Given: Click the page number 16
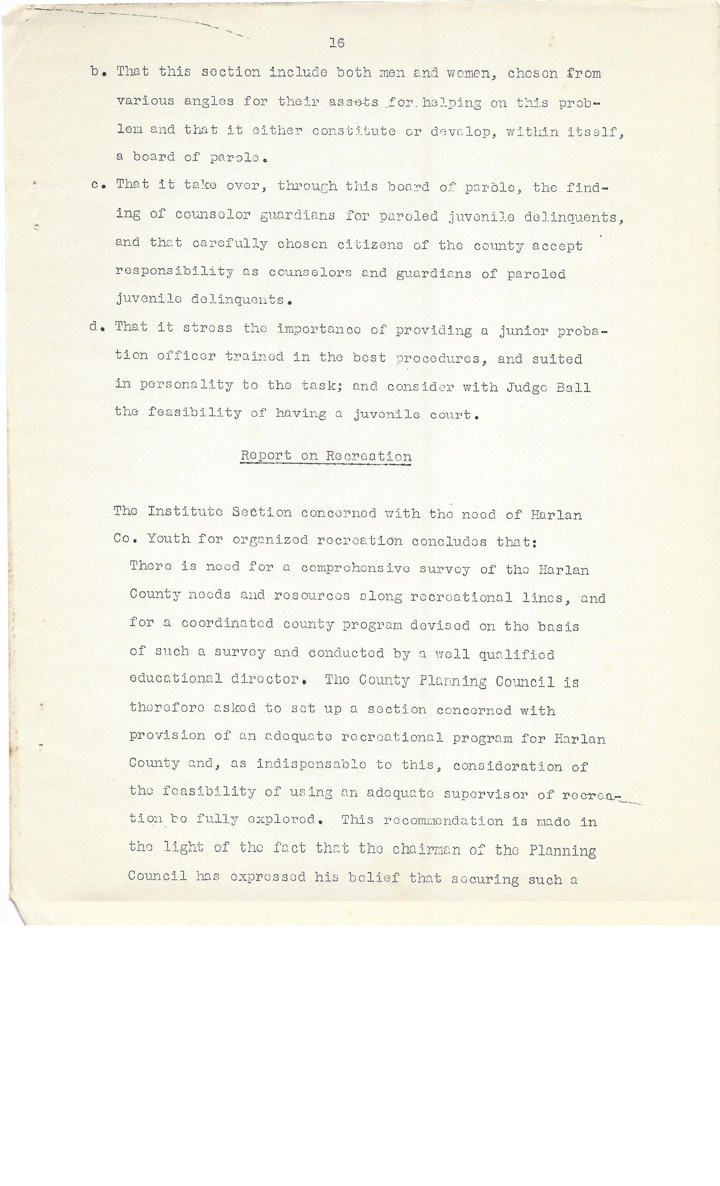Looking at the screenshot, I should (x=337, y=43).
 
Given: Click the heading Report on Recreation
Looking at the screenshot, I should (x=326, y=456).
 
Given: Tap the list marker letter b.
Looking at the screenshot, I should (x=95, y=72).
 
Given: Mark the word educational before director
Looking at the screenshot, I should (x=176, y=679).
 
